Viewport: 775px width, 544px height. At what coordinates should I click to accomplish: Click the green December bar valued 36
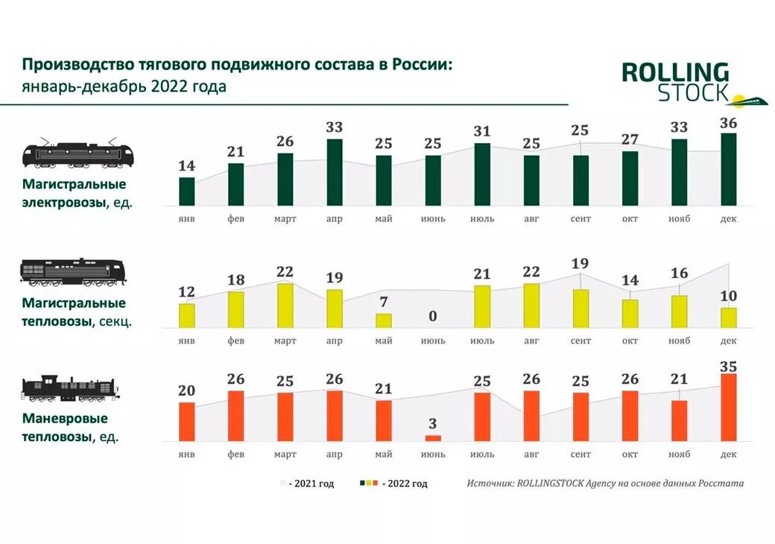point(728,169)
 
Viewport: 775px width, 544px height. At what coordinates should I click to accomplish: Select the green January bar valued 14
point(186,191)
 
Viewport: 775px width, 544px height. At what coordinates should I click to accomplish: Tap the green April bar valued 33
point(335,172)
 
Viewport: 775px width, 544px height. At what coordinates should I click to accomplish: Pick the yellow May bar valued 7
point(384,320)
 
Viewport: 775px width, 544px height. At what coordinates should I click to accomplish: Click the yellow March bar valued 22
point(285,306)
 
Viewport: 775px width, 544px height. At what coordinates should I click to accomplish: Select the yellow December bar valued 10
point(728,317)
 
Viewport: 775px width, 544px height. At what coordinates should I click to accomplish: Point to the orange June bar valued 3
point(433,438)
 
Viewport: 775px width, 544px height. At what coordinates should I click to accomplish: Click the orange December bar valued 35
point(728,408)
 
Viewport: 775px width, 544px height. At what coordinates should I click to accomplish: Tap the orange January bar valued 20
point(186,422)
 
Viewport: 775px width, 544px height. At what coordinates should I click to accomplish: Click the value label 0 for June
point(433,317)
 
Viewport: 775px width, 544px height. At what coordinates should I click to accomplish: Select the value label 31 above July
point(482,131)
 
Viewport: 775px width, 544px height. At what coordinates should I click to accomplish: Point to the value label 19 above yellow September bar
point(581,263)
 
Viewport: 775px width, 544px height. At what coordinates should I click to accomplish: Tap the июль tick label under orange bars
point(482,455)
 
